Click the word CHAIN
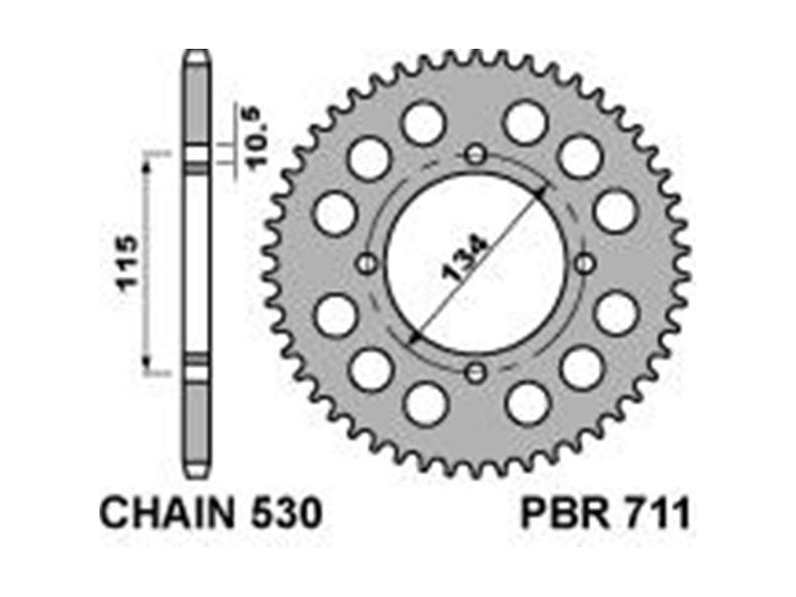[167, 513]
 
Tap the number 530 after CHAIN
[286, 513]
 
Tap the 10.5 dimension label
[258, 137]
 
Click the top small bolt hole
[476, 154]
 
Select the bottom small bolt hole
[476, 373]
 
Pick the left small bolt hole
[366, 264]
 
